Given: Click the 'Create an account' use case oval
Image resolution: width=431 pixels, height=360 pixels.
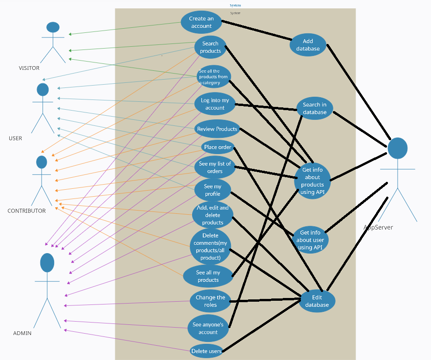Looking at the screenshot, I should tap(201, 22).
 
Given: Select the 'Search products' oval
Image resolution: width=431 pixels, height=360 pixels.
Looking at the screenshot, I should tap(210, 47).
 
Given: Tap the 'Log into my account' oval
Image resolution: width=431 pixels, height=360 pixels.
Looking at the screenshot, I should tap(214, 104).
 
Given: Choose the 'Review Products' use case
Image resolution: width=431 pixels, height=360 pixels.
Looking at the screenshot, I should tap(217, 129).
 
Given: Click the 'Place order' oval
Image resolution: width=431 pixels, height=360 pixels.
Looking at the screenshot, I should tap(218, 148).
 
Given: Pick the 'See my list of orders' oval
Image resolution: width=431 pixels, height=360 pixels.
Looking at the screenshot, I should tap(214, 168).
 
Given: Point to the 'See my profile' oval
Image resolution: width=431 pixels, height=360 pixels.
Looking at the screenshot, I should tap(212, 190).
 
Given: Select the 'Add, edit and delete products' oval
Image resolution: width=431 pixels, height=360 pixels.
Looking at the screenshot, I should tap(212, 215).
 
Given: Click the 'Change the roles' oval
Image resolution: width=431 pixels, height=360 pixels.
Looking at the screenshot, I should tap(210, 301).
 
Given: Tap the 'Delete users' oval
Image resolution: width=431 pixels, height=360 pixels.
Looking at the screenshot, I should tap(206, 351).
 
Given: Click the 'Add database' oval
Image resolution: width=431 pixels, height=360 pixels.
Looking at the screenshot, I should tap(308, 45).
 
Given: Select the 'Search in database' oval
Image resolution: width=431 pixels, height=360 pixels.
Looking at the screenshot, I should tap(314, 108).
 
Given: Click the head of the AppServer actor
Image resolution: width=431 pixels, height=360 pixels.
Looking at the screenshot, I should tap(397, 148).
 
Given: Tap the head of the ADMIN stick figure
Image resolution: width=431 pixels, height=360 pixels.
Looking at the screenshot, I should tap(47, 262).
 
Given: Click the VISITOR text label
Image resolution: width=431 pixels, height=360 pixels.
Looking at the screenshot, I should tap(29, 68).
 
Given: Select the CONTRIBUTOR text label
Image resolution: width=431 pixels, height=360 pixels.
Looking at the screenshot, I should tap(26, 211).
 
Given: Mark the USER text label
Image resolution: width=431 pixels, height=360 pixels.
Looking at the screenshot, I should tap(15, 138).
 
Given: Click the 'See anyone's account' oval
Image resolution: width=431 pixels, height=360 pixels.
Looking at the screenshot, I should tap(208, 329).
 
